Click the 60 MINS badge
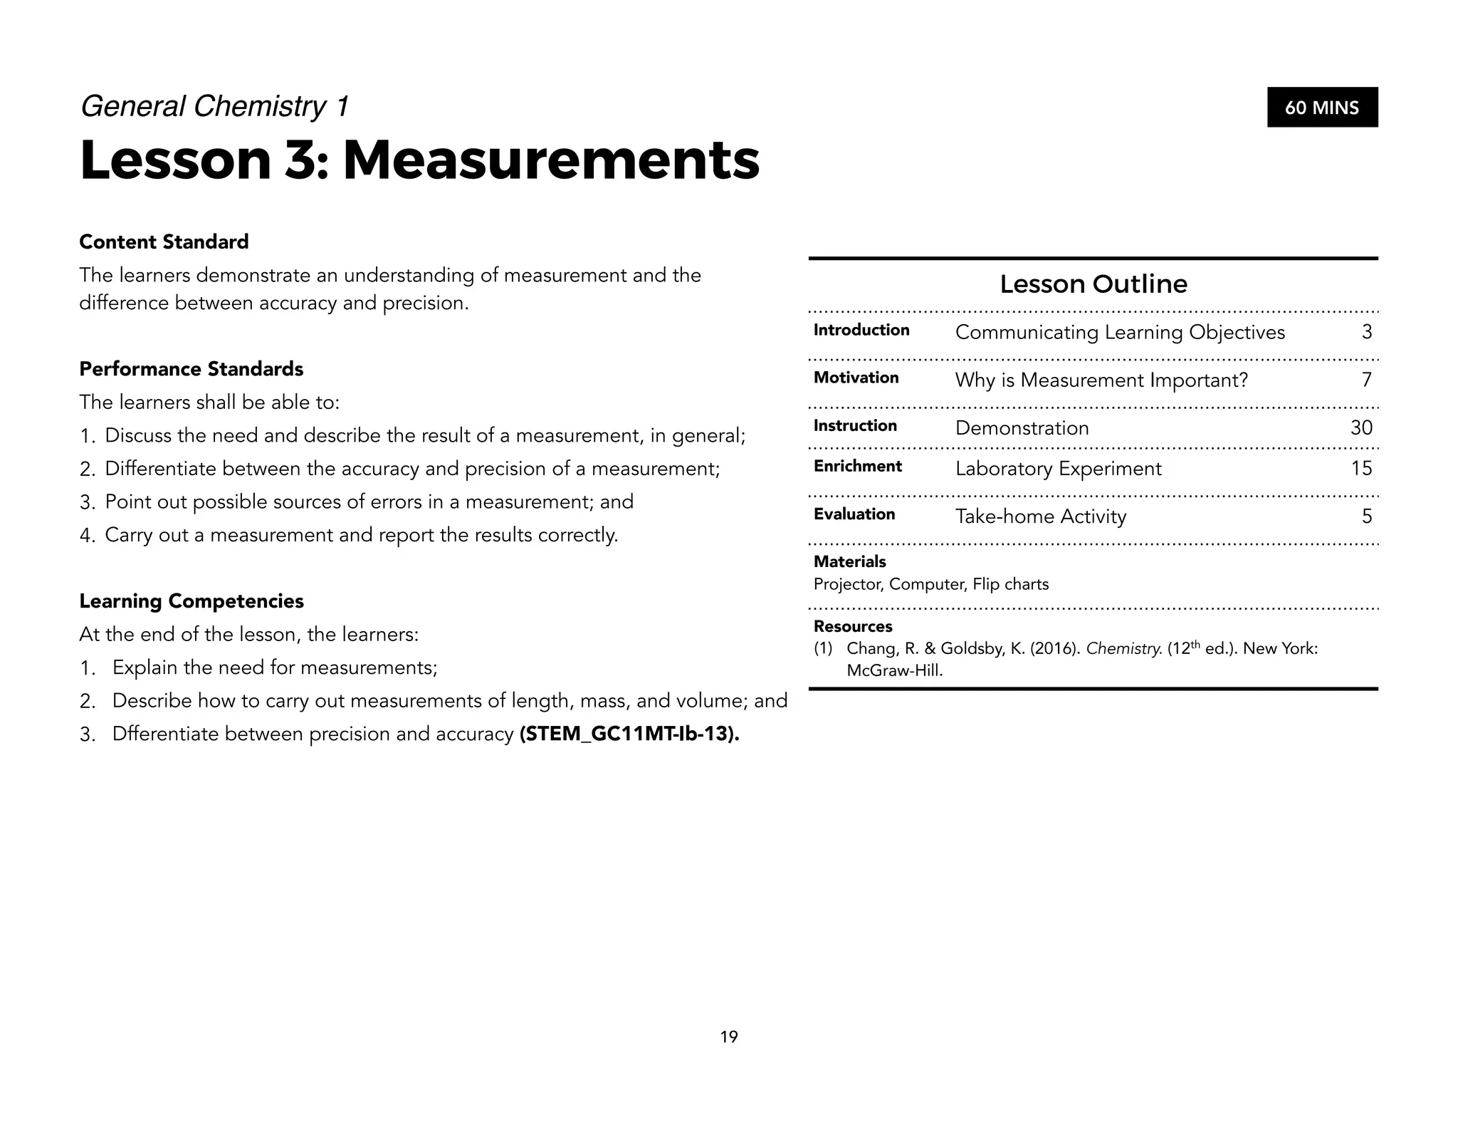click(x=1322, y=108)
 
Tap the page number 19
click(x=729, y=1037)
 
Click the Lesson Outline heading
click(x=1093, y=284)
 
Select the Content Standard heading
click(x=164, y=242)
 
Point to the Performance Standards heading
click(x=191, y=369)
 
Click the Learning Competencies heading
click(x=191, y=601)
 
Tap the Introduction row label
click(x=861, y=330)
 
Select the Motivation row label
click(x=856, y=378)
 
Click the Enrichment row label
click(x=857, y=466)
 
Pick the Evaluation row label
click(x=854, y=514)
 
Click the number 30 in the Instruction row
click(x=1361, y=427)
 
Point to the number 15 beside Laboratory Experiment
click(x=1361, y=468)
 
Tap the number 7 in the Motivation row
click(x=1366, y=380)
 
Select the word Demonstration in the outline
click(x=1022, y=428)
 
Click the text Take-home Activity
click(x=1040, y=516)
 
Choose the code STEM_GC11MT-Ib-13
click(x=629, y=734)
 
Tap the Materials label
click(x=849, y=561)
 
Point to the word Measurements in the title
click(x=551, y=160)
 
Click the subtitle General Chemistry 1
click(x=214, y=106)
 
